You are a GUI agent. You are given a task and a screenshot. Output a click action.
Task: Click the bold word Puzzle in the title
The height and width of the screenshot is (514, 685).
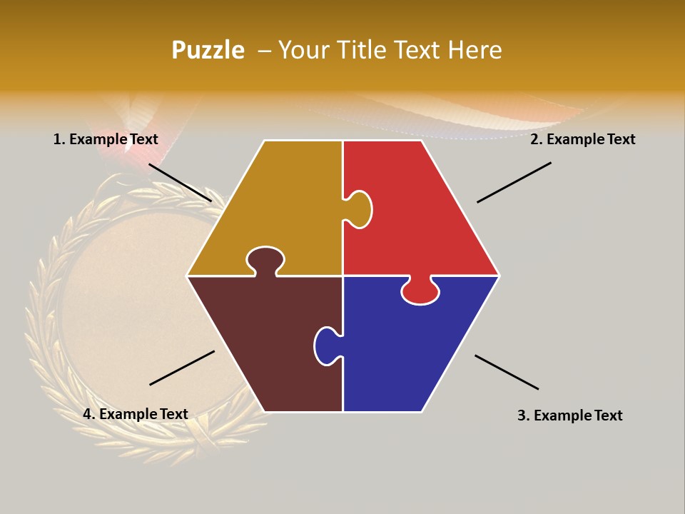coord(208,51)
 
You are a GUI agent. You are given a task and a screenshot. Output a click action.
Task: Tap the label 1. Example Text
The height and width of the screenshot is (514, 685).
coord(106,139)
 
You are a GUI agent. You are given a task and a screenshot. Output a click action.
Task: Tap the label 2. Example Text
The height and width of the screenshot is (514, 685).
coord(582,139)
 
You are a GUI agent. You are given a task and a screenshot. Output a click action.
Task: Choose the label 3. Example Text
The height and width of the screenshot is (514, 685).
coord(569,415)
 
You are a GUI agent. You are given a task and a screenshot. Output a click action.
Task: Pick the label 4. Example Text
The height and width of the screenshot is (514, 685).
coord(136,414)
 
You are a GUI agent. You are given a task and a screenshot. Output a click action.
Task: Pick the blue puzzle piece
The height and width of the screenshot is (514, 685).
coord(407,350)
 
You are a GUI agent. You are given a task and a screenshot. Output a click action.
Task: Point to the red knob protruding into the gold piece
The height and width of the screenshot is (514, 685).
coord(359,209)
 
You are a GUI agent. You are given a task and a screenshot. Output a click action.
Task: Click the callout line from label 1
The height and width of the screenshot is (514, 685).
coord(180,182)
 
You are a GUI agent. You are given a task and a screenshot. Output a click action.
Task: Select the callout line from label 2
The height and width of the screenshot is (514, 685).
coord(514,182)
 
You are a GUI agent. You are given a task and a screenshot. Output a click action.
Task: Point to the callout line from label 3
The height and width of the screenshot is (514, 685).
coord(507,372)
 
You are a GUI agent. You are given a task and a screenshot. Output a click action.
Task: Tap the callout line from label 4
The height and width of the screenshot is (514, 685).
coord(182,368)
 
